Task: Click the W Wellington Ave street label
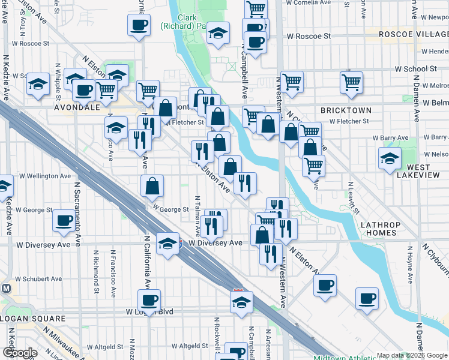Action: coord(45,176)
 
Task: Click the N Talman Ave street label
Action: coord(197,215)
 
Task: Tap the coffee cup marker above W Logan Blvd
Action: coord(149,299)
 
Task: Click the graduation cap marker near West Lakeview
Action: coord(390,158)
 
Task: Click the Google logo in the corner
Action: coord(20,353)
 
